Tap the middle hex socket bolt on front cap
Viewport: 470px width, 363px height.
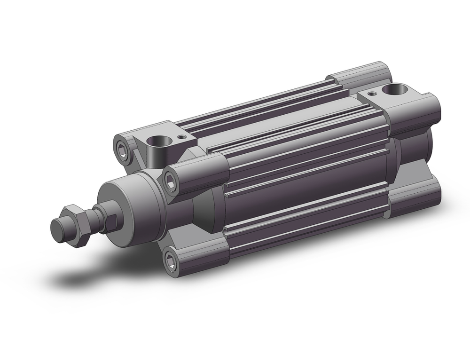coord(171,181)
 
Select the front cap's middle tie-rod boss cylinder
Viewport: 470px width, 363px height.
coord(197,174)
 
